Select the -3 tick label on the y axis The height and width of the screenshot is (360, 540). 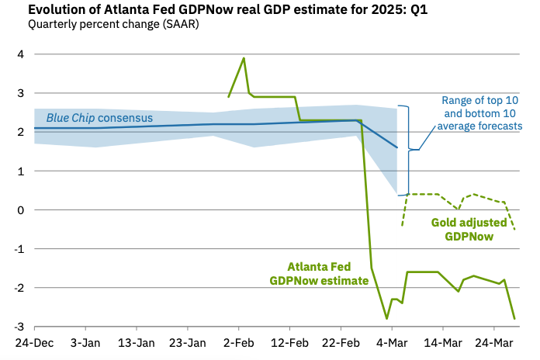16,327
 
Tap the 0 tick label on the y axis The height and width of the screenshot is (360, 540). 17,210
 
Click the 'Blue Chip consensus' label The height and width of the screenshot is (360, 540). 99,118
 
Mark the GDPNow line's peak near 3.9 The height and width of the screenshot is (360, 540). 244,58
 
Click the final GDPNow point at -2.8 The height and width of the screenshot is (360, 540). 514,318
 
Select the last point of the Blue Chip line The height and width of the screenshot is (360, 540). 396,147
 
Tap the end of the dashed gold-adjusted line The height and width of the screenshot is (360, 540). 514,229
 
